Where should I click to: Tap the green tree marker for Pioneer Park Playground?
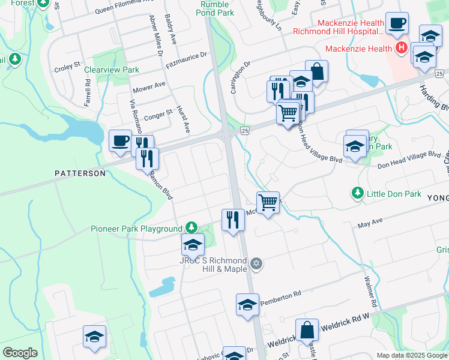coord(191,227)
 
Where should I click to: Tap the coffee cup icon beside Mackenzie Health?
coord(397,23)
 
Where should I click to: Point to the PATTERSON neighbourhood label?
coord(80,173)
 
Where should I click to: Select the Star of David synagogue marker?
coord(256,263)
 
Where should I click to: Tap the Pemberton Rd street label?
coord(280,296)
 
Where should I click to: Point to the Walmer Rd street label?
coord(370,292)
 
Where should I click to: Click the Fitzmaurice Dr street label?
coord(186,60)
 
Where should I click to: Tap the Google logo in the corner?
coord(20,353)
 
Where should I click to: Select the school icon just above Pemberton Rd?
coord(247,305)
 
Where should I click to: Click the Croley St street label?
coord(67,64)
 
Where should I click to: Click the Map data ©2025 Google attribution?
coord(411,355)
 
